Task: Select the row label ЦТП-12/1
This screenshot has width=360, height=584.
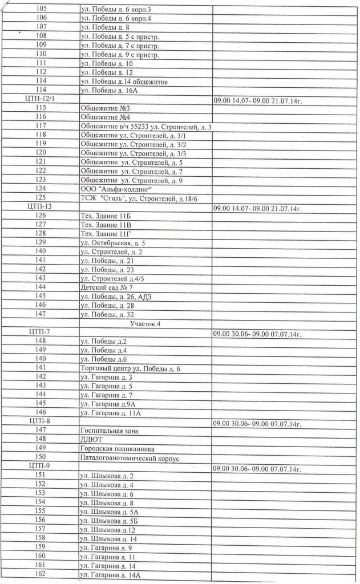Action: [x=41, y=98]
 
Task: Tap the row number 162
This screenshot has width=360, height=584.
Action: [x=40, y=574]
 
